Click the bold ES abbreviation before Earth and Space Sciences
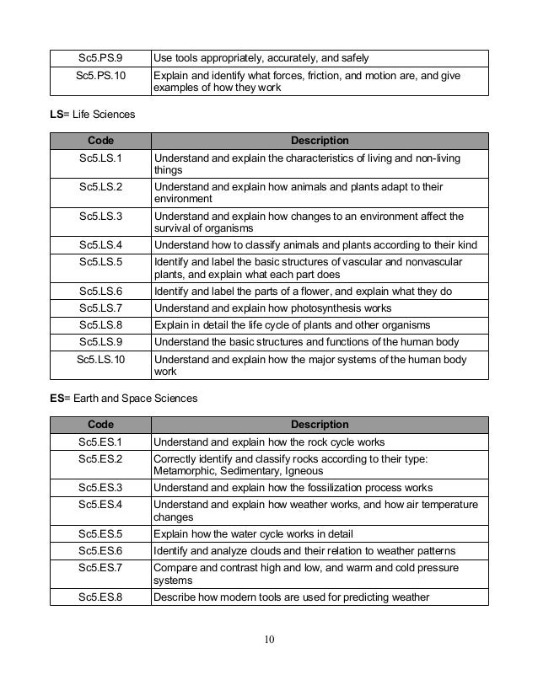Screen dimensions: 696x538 coord(56,399)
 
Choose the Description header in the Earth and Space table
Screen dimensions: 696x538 coord(319,425)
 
